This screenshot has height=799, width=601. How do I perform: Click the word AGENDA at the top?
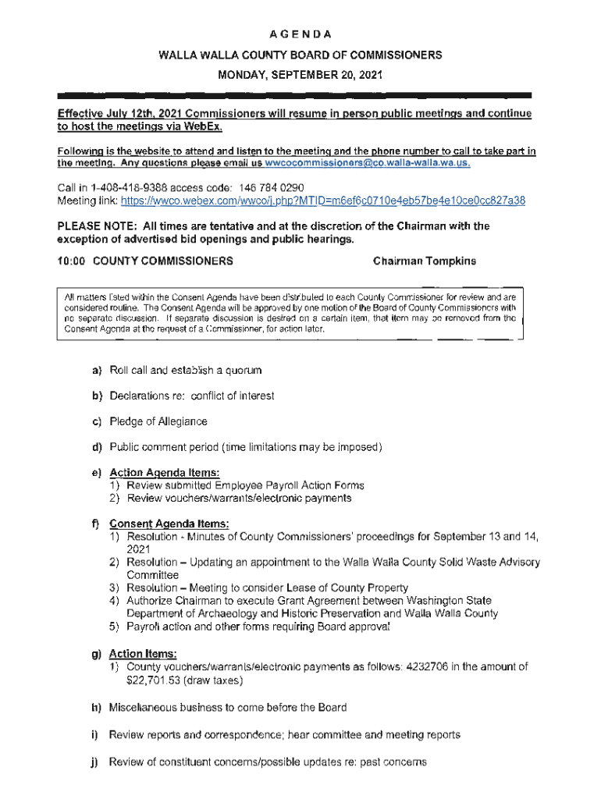300,34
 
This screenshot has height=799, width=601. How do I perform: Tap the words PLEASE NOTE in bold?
97,226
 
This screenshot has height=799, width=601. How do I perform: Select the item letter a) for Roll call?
98,369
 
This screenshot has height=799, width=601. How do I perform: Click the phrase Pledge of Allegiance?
158,421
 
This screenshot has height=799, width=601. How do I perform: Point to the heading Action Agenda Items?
164,473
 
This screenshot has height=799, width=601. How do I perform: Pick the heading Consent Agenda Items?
169,524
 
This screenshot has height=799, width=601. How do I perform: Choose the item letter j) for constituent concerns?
97,761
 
